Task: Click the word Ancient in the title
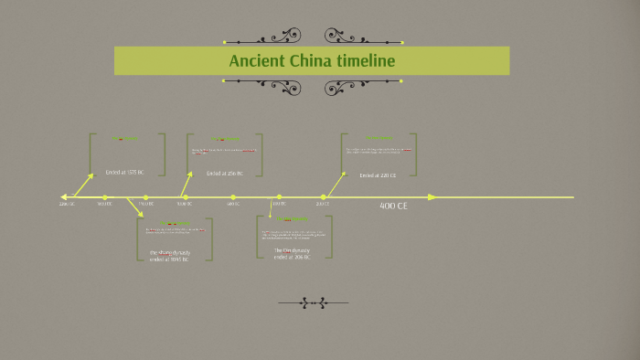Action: tap(255, 60)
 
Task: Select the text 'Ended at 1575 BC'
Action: tap(126, 172)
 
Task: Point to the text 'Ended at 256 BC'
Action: tap(224, 173)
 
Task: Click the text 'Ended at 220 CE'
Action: tap(378, 175)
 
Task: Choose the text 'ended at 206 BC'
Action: tap(293, 258)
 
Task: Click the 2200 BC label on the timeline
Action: tap(67, 204)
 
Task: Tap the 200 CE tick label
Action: tap(323, 204)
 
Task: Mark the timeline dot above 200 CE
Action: tap(324, 196)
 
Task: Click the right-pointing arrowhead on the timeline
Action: tap(432, 196)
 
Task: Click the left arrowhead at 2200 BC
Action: tap(63, 196)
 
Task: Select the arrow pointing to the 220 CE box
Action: tap(336, 183)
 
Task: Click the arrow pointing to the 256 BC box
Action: tap(187, 184)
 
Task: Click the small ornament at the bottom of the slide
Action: tap(313, 302)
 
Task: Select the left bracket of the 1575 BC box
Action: tap(91, 154)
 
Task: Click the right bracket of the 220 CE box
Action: tap(415, 154)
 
